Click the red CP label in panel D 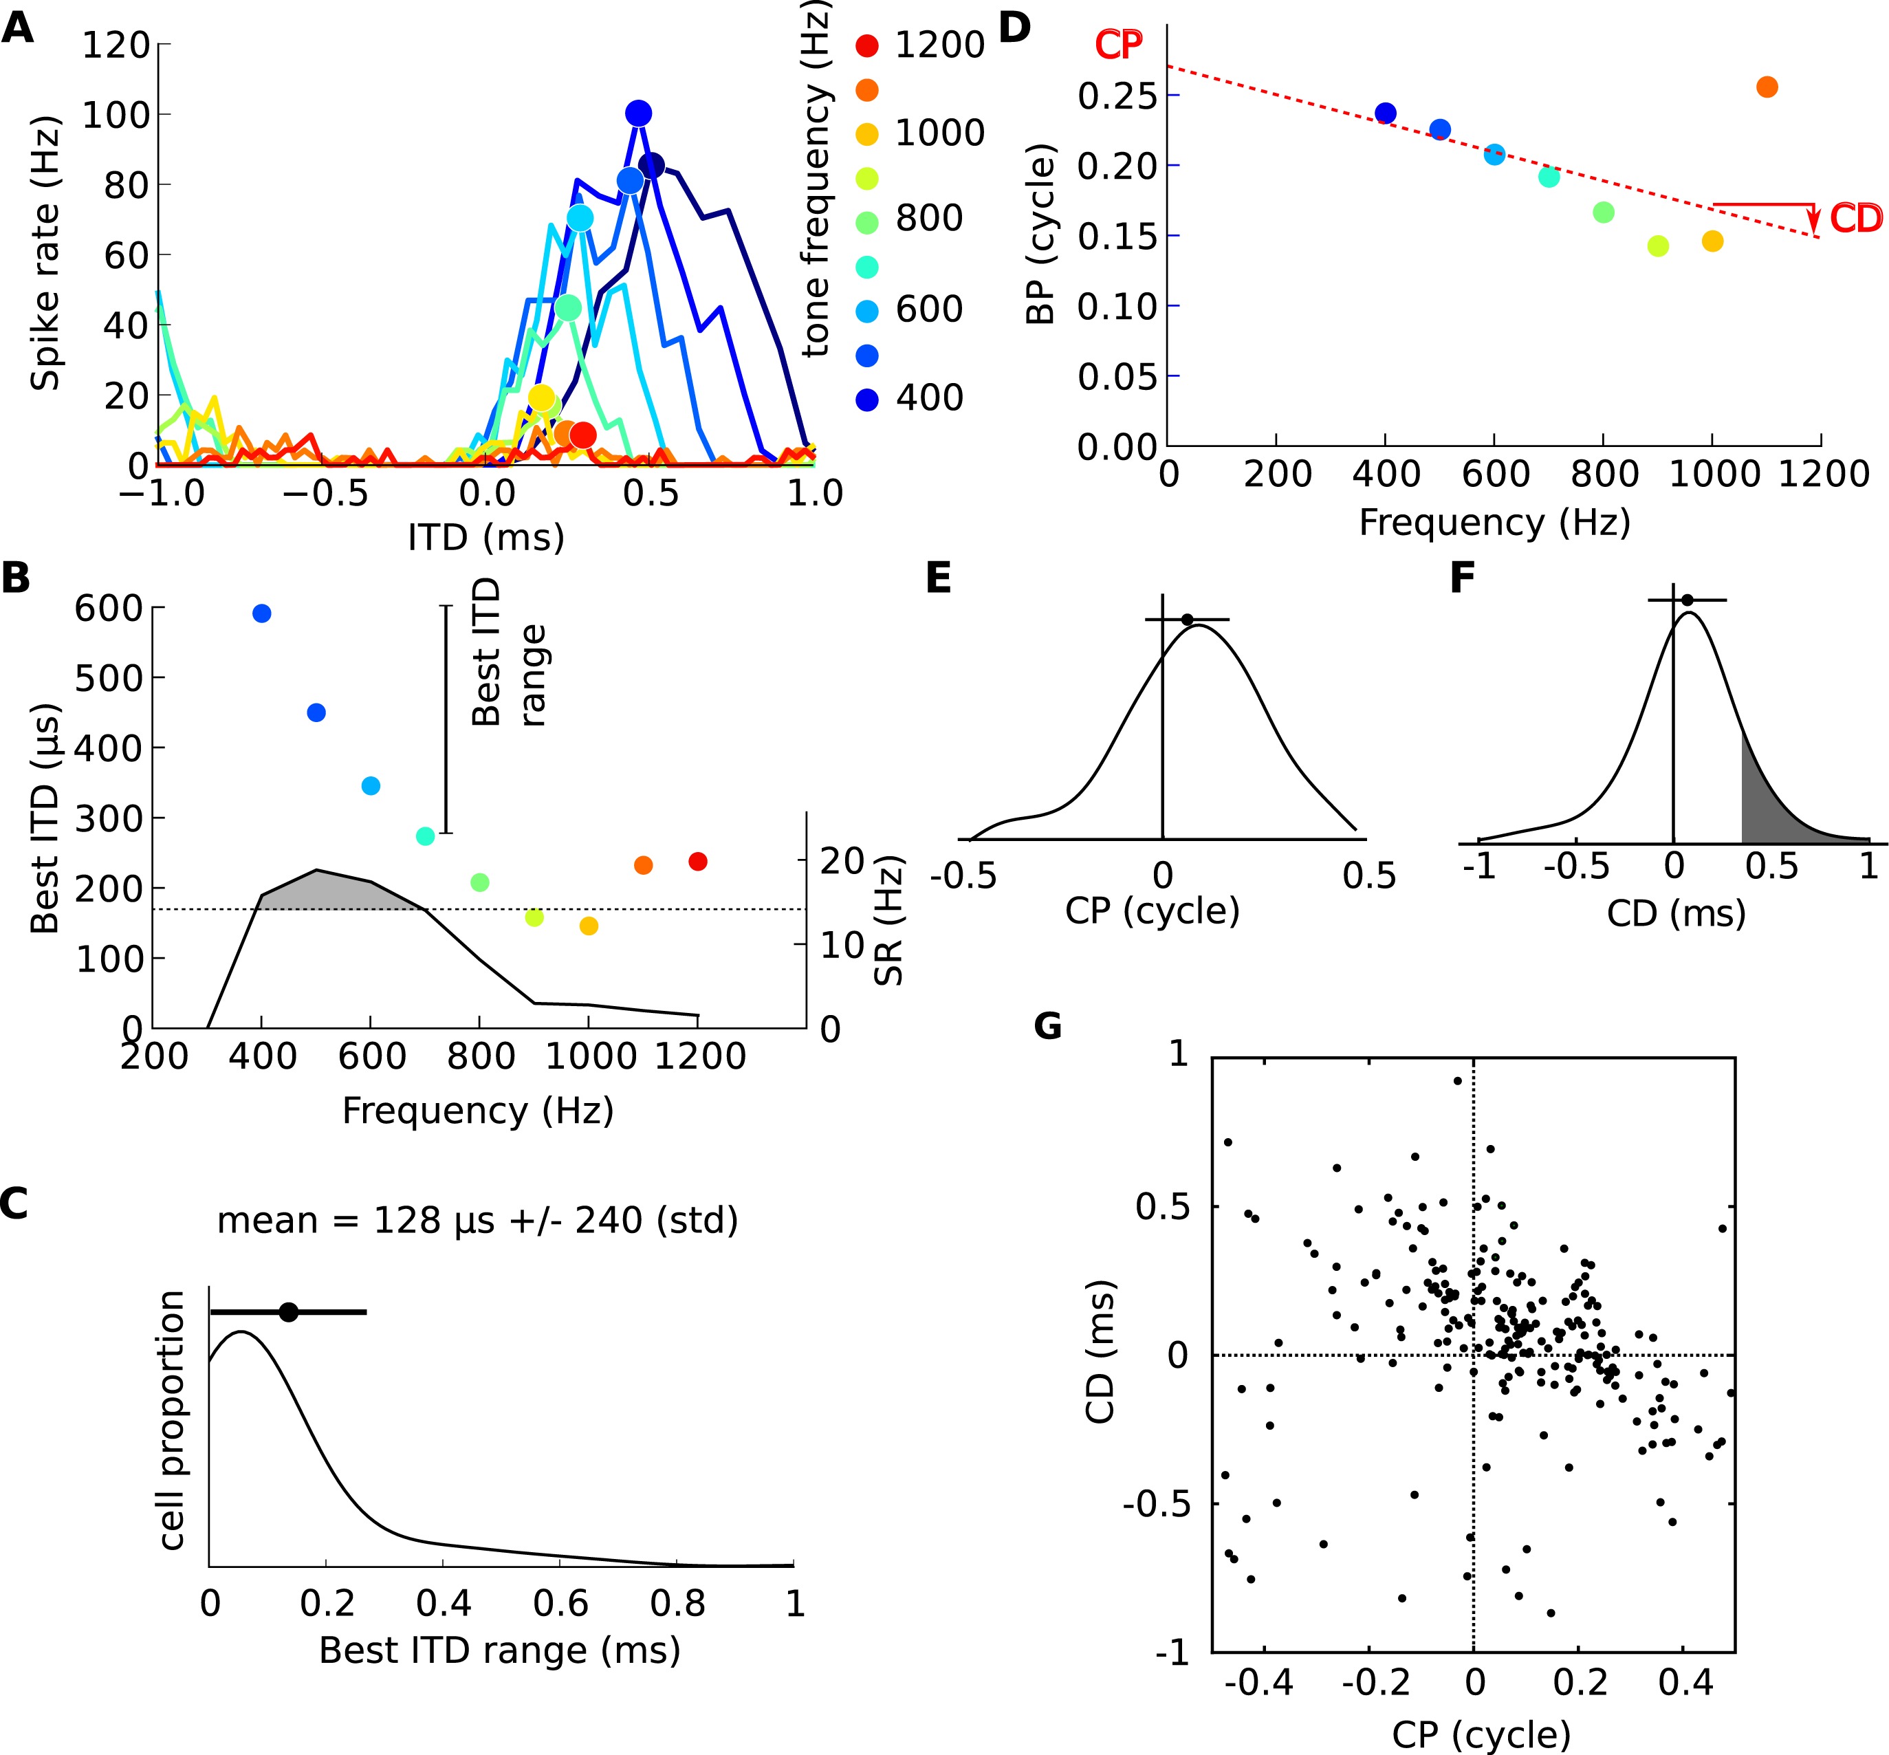pos(1119,45)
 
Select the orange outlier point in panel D pos(1767,87)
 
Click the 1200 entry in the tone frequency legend pos(939,45)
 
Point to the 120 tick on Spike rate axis pos(116,45)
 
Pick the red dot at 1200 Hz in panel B pos(698,862)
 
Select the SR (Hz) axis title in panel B pos(888,922)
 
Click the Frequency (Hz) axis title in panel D pos(1494,523)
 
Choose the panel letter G pos(1047,1025)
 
